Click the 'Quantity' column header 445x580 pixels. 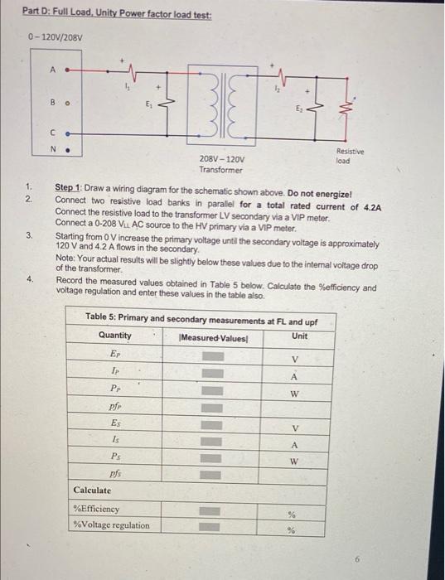click(115, 336)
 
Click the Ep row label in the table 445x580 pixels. click(114, 354)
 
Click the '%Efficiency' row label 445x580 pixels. click(97, 510)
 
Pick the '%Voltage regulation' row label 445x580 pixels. click(111, 525)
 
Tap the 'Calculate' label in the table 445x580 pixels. click(93, 491)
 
